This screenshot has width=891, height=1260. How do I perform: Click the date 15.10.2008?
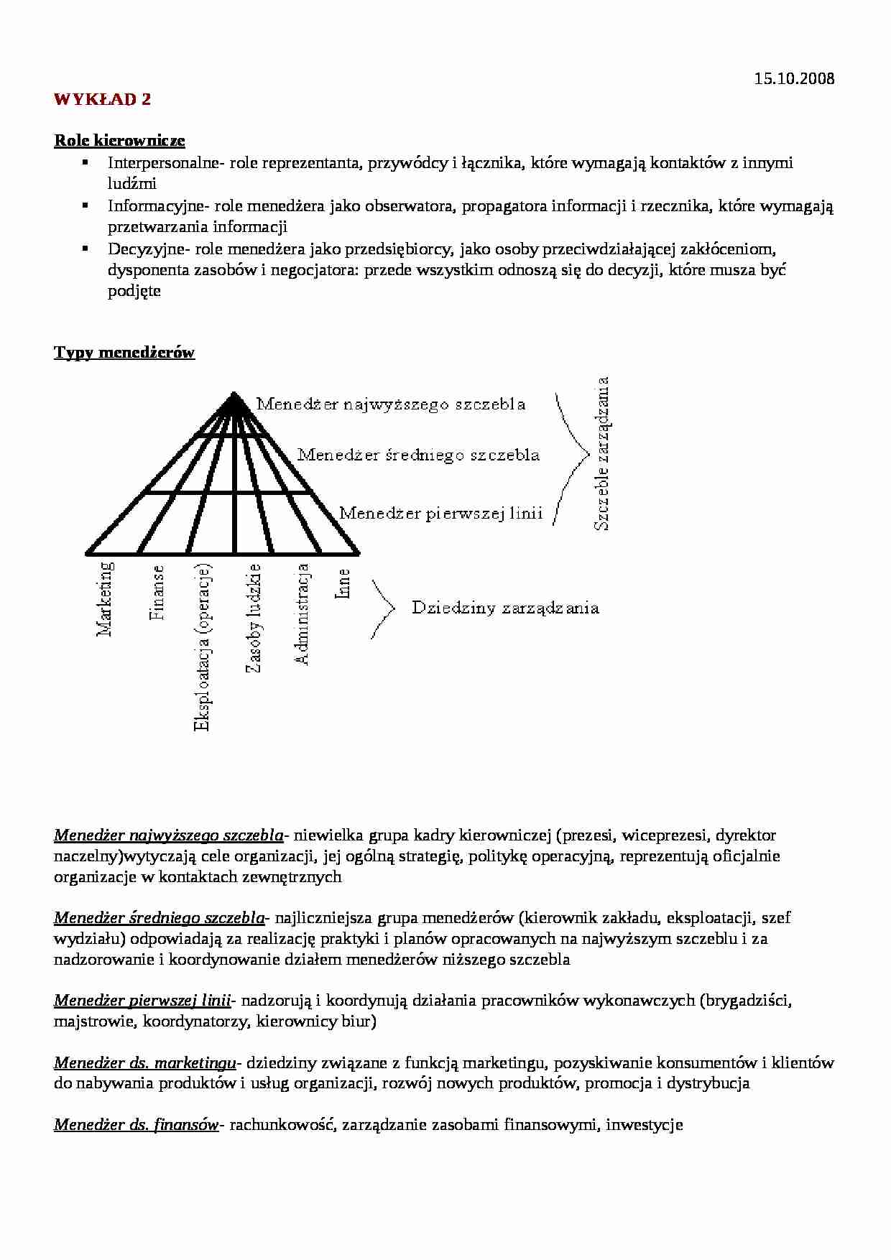click(x=794, y=79)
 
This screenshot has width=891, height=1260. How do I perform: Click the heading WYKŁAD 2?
click(x=103, y=100)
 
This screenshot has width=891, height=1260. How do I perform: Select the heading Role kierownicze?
click(x=119, y=141)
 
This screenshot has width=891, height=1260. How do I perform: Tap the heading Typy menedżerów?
click(x=124, y=353)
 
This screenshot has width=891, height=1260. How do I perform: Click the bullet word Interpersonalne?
click(x=162, y=163)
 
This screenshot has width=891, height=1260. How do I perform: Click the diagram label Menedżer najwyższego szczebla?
click(x=391, y=404)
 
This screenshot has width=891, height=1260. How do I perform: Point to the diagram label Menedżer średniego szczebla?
click(x=418, y=455)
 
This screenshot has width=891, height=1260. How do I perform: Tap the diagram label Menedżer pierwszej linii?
click(x=440, y=514)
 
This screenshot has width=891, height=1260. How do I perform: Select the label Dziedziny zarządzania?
click(x=505, y=608)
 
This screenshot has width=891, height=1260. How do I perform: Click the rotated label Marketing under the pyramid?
click(x=105, y=599)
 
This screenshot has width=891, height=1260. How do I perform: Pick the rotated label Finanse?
click(x=157, y=592)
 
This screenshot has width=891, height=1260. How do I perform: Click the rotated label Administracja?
click(x=303, y=614)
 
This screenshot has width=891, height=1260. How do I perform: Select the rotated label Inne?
click(x=343, y=583)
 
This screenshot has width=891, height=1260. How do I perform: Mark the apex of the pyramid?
click(x=234, y=393)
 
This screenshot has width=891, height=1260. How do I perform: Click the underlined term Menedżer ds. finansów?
click(x=136, y=1125)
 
